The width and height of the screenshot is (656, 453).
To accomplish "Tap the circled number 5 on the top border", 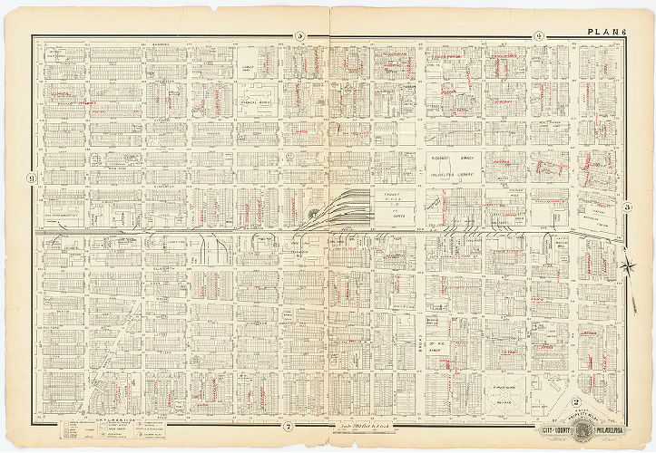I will (299, 36).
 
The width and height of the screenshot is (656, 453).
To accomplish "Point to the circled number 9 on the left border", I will (31, 178).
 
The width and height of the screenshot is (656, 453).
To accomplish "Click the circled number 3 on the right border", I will (628, 207).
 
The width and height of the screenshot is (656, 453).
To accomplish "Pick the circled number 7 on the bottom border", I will (287, 426).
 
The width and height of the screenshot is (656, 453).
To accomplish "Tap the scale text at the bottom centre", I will (335, 424).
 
